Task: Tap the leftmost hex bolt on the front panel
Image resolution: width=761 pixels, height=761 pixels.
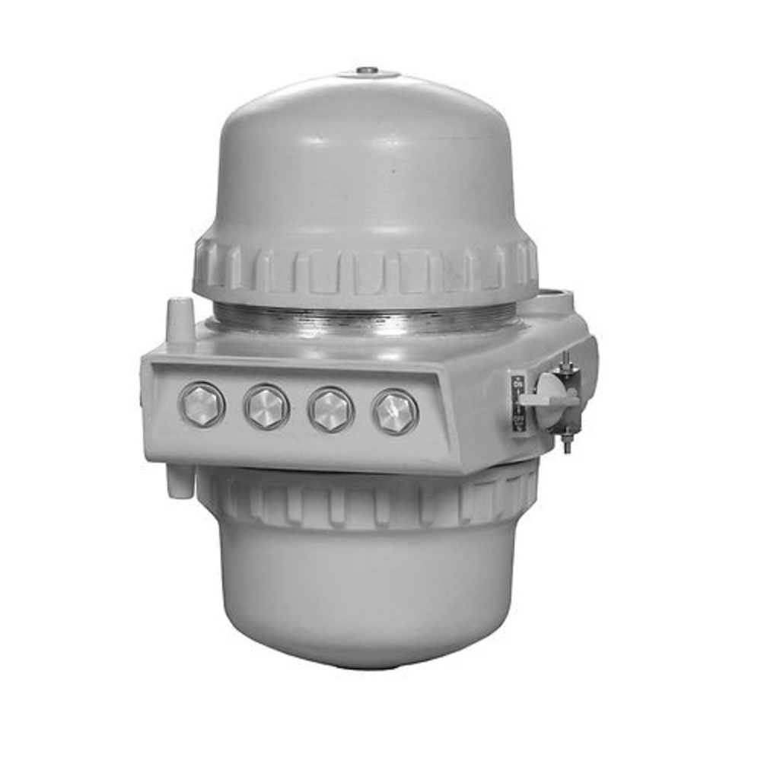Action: click(202, 403)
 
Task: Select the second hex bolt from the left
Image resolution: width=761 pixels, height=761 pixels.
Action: click(266, 406)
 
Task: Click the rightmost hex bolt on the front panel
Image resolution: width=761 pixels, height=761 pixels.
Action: click(395, 412)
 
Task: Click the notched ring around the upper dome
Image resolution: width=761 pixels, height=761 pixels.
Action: click(365, 266)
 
